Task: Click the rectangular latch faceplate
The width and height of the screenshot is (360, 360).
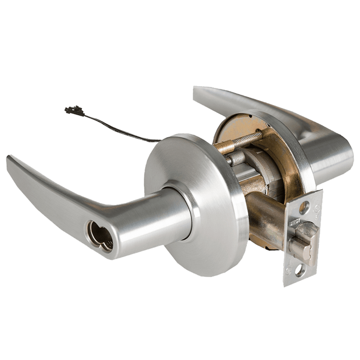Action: (x=303, y=239)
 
